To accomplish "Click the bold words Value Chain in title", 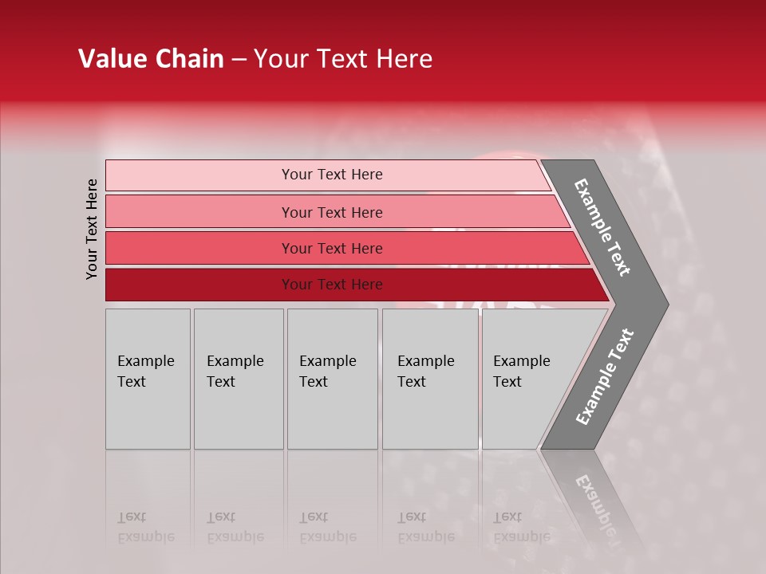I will point(151,59).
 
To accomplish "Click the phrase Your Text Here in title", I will point(343,59).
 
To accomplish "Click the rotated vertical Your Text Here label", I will point(92,229).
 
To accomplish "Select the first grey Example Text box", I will point(148,379).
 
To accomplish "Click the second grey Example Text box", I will point(238,379).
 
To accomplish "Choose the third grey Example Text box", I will point(332,379).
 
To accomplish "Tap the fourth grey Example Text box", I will point(430,379).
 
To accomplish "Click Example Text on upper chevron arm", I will point(602,227).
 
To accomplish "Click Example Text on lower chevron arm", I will point(605,377).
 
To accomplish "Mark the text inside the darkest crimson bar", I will point(332,285).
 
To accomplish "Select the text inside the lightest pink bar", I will point(332,175).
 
